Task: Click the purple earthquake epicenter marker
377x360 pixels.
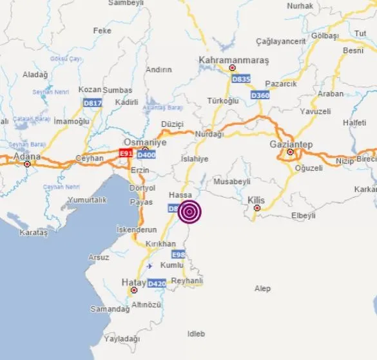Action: tap(189, 212)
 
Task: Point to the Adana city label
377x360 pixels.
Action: tap(27, 156)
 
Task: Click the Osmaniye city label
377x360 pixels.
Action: tap(145, 142)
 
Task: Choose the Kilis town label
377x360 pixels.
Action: tap(256, 200)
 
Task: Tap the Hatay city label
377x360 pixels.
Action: tap(133, 281)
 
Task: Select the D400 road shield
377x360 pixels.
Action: tap(147, 155)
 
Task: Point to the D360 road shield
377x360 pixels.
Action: tap(260, 95)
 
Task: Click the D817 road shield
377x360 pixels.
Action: tap(92, 102)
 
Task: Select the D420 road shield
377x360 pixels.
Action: tap(157, 283)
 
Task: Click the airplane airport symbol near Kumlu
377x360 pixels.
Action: tap(150, 265)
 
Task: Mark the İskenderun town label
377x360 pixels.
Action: tap(136, 229)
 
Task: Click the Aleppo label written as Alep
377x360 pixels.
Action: tap(262, 289)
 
